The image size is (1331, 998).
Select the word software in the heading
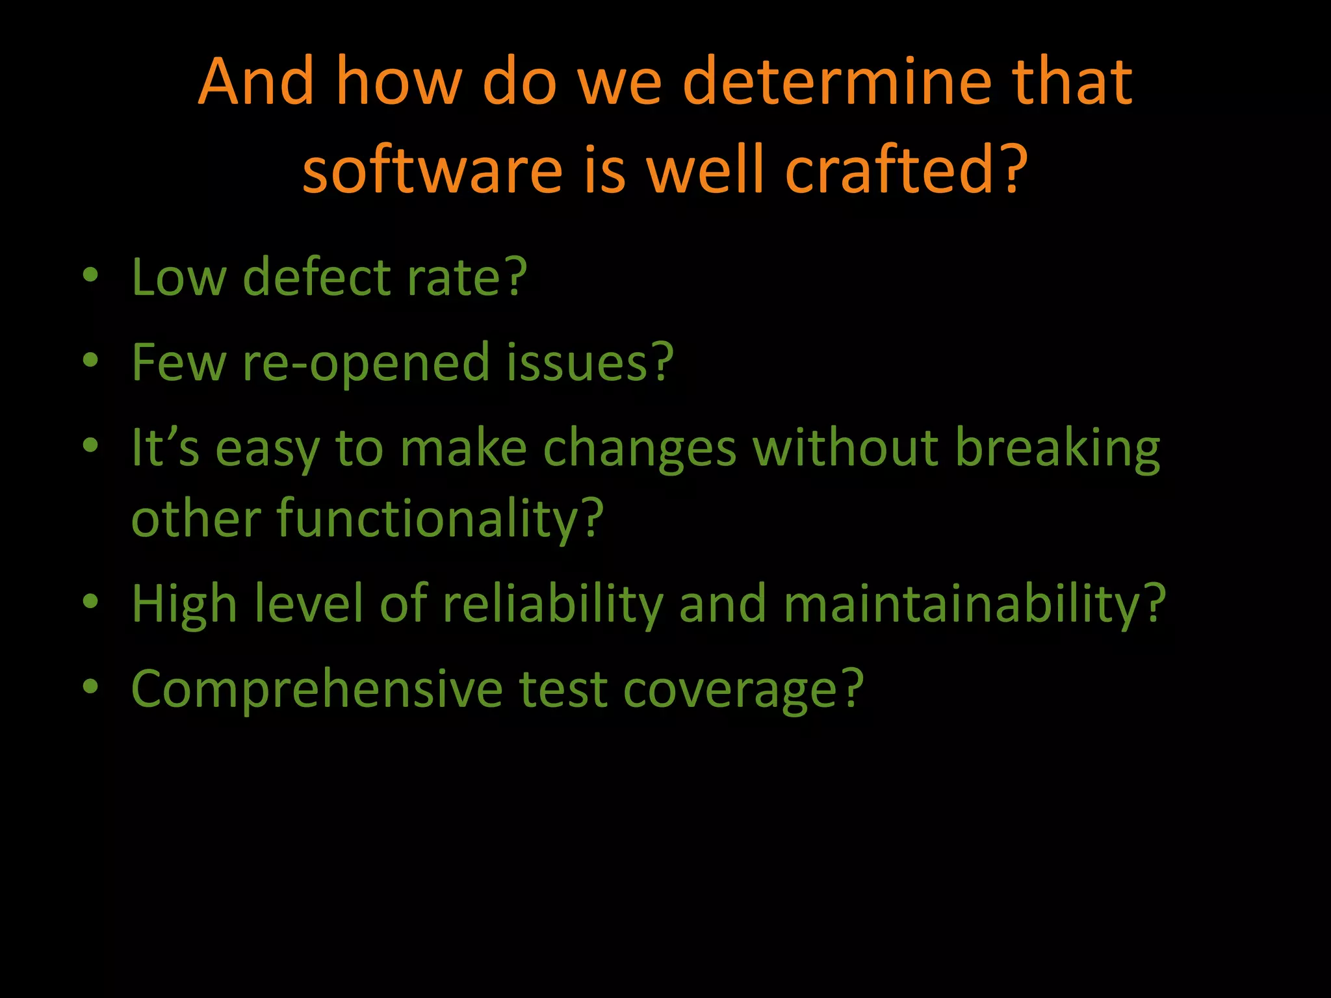click(432, 170)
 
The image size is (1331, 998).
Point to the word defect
click(316, 277)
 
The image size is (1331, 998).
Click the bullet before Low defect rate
click(90, 275)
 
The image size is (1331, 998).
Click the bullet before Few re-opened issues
click(90, 360)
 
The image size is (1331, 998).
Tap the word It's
click(165, 448)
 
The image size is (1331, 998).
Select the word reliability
click(552, 604)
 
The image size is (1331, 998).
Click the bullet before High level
click(90, 602)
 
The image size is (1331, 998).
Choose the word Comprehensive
click(317, 690)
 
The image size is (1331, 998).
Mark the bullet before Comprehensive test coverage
click(90, 687)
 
